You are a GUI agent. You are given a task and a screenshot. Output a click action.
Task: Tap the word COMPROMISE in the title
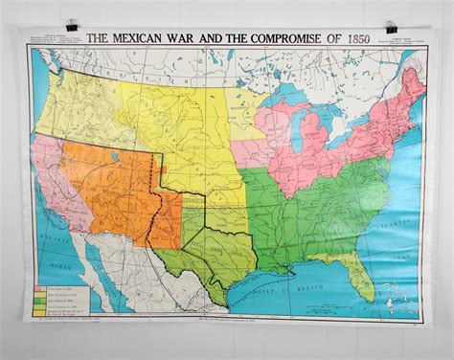click(x=277, y=38)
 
